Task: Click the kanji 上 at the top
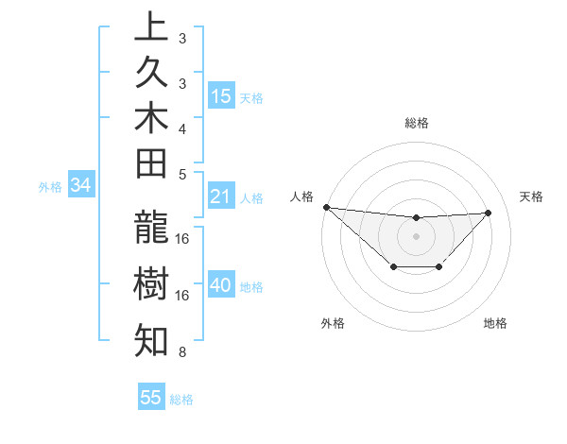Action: click(151, 28)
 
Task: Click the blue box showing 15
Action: click(221, 96)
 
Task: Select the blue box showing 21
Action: click(221, 197)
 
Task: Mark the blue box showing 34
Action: click(80, 186)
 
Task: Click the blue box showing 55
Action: click(151, 398)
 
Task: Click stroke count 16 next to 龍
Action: click(182, 239)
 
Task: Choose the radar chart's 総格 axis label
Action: click(416, 123)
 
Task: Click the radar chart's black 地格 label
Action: click(495, 323)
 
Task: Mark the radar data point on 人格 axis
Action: click(326, 207)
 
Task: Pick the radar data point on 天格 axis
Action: click(488, 213)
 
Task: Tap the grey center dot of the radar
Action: click(416, 236)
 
